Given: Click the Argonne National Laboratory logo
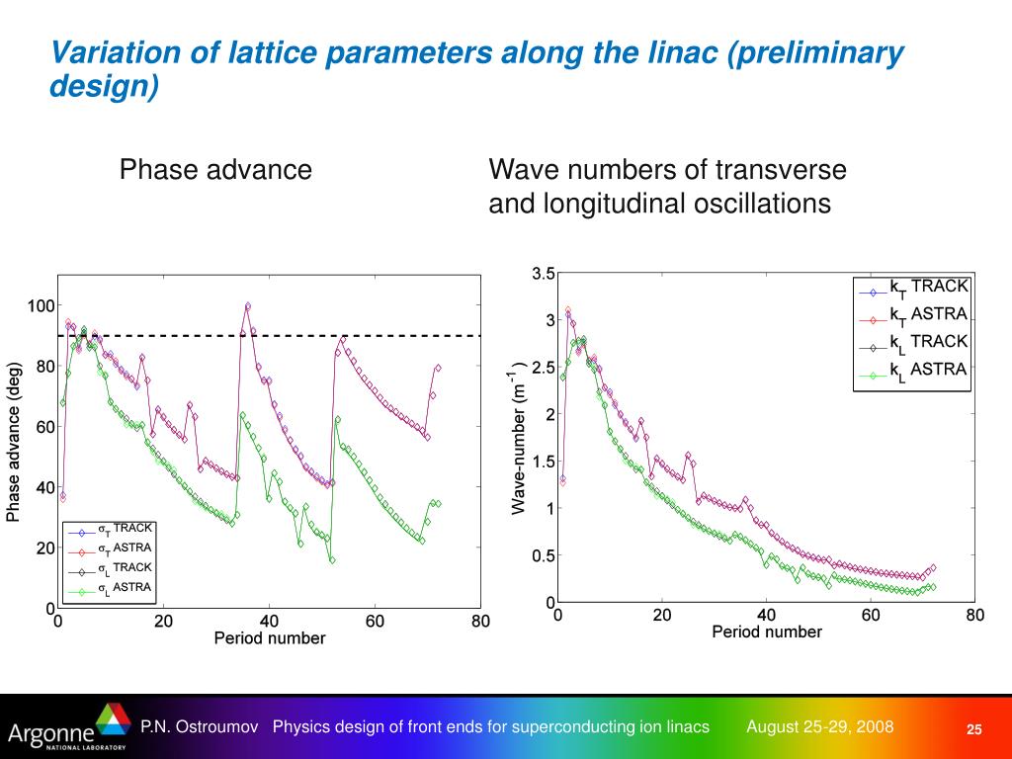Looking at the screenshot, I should click(x=66, y=728).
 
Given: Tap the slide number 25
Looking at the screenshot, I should click(x=974, y=729).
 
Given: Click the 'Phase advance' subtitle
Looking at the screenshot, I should click(x=215, y=170).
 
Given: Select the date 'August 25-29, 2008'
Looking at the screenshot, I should click(x=819, y=727).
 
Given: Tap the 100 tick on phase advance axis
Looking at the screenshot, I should click(x=41, y=305).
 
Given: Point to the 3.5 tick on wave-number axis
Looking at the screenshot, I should click(x=543, y=274).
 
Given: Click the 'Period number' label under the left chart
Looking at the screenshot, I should click(x=269, y=638).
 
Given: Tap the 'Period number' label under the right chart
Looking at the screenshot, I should click(x=766, y=632).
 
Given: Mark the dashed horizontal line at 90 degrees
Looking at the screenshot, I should click(x=296, y=336).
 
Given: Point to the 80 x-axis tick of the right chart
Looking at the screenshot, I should click(x=974, y=616).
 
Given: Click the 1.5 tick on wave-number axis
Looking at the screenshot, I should click(x=543, y=462).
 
